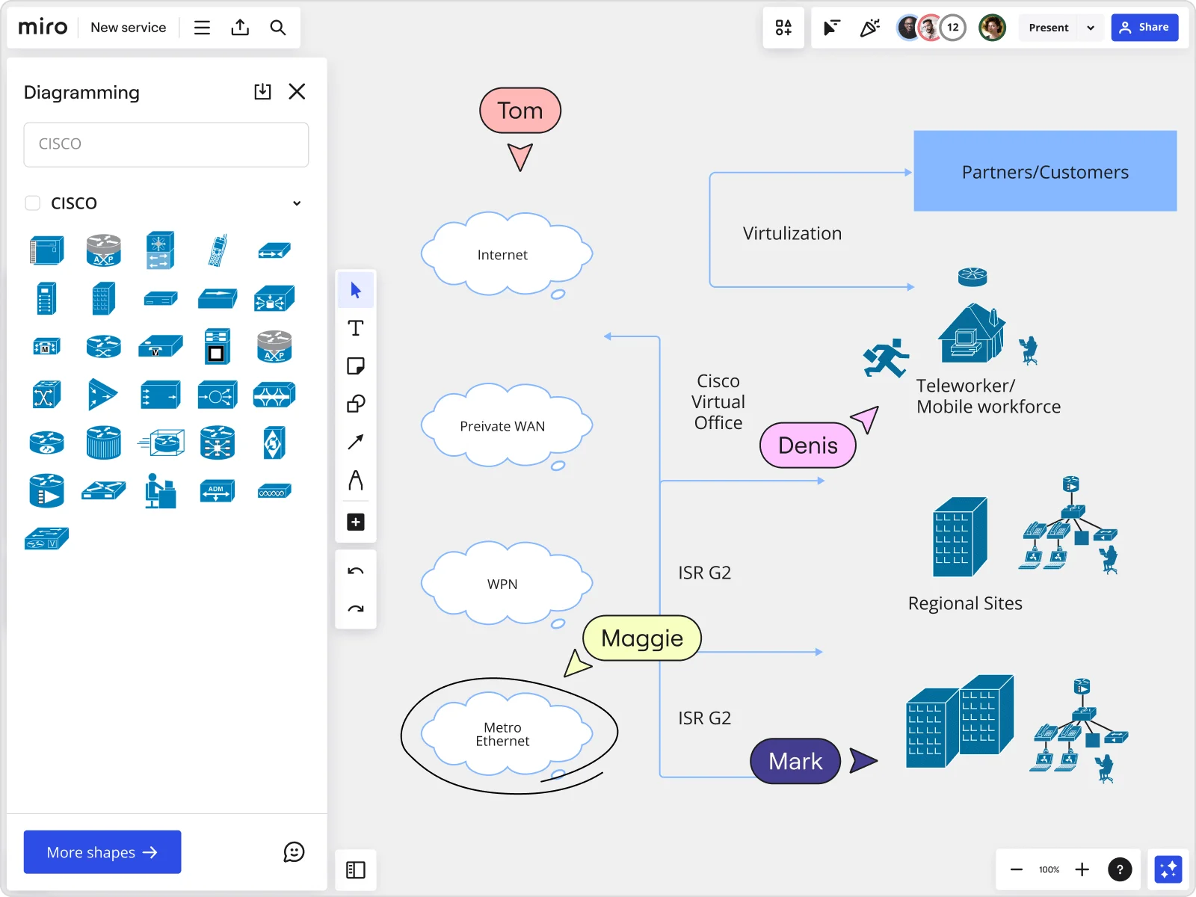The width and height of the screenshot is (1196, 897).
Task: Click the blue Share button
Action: [x=1144, y=28]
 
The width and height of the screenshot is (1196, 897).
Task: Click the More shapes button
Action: [x=102, y=852]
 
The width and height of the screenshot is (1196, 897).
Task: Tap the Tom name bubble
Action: [x=520, y=111]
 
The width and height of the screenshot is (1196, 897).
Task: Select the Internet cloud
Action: [x=502, y=255]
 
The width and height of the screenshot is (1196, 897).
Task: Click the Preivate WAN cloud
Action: [x=502, y=426]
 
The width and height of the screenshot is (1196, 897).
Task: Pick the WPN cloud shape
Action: [x=502, y=584]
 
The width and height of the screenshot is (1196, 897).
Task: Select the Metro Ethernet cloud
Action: [x=502, y=734]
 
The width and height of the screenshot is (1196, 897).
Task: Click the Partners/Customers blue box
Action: [x=1045, y=171]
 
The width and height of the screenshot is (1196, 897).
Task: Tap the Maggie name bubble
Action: [x=641, y=638]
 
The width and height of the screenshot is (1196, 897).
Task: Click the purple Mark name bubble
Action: [x=795, y=761]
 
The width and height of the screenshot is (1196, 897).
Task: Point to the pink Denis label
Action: [x=807, y=446]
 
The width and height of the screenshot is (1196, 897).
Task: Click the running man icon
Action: [x=886, y=358]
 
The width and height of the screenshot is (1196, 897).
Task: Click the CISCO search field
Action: [x=166, y=144]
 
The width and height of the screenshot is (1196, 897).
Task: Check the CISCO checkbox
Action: [x=33, y=203]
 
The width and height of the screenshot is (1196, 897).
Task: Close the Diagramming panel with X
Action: [x=297, y=91]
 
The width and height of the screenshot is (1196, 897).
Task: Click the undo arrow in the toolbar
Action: [x=356, y=571]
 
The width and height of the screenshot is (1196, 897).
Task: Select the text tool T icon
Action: [x=356, y=328]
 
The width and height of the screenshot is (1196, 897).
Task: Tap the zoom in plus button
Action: [x=1082, y=869]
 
